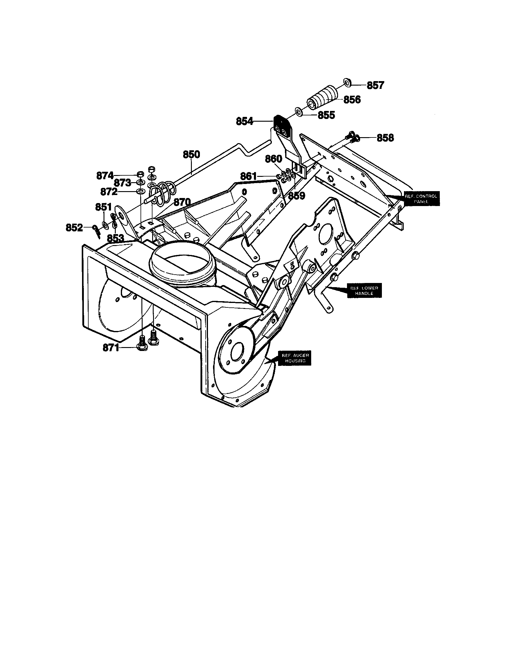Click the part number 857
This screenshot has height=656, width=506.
375,85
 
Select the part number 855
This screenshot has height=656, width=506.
326,115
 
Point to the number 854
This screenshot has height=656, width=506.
245,121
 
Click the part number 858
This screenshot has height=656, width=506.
385,138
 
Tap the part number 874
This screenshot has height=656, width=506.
105,175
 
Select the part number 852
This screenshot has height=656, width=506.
74,228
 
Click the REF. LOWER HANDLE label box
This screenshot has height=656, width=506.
364,290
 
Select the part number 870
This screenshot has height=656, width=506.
182,202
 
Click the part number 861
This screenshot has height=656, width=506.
249,176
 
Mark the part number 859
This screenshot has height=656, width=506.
297,196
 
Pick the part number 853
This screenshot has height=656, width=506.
115,238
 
